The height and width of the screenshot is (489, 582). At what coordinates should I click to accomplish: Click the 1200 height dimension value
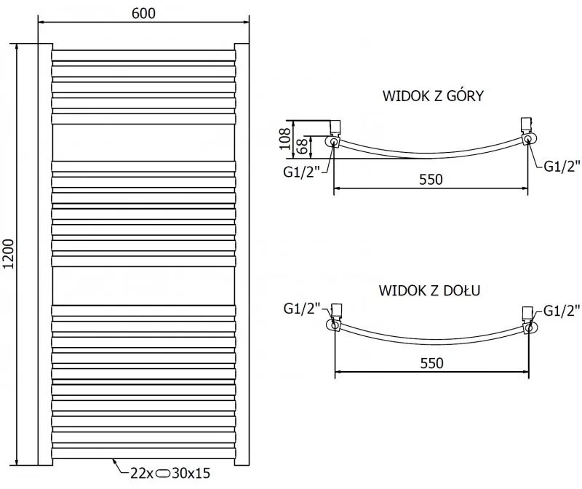(8, 255)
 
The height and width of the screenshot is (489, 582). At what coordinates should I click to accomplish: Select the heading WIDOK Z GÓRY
(432, 96)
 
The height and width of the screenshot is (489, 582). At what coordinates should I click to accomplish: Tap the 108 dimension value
(285, 138)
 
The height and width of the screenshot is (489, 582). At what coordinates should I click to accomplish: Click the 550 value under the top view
(431, 180)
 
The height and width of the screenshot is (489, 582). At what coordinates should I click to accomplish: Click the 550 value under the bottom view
(431, 362)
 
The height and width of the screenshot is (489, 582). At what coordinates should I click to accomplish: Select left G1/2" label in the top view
(301, 172)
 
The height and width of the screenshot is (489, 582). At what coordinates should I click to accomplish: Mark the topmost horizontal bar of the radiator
(143, 55)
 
